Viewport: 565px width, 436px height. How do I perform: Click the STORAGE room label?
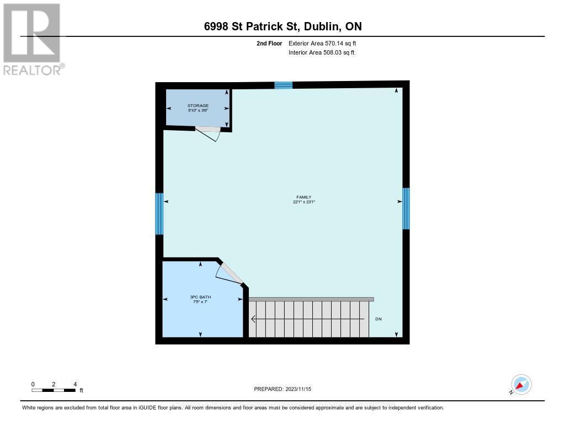pyautogui.click(x=198, y=105)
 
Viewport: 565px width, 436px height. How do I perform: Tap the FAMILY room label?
pyautogui.click(x=303, y=197)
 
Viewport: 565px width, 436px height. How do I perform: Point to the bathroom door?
pyautogui.click(x=230, y=273)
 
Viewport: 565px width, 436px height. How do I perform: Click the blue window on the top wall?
pyautogui.click(x=283, y=85)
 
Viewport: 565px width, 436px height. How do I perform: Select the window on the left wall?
pyautogui.click(x=159, y=213)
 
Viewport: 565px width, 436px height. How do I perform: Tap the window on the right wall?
pyautogui.click(x=406, y=208)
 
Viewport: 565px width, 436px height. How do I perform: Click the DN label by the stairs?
pyautogui.click(x=379, y=319)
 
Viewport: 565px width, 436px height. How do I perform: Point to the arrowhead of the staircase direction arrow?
pyautogui.click(x=253, y=319)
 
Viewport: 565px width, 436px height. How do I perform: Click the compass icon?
pyautogui.click(x=521, y=384)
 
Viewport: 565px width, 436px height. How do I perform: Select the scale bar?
pyautogui.click(x=54, y=390)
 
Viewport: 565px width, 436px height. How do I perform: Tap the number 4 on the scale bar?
pyautogui.click(x=74, y=384)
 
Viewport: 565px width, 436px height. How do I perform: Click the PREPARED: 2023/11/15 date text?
pyautogui.click(x=282, y=389)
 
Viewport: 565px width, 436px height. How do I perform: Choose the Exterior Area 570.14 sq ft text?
pyautogui.click(x=326, y=43)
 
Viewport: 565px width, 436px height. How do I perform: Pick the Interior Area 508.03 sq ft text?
pyautogui.click(x=321, y=52)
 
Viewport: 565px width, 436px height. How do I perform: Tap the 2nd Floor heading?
pyautogui.click(x=269, y=43)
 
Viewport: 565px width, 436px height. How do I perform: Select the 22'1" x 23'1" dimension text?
pyautogui.click(x=303, y=202)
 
